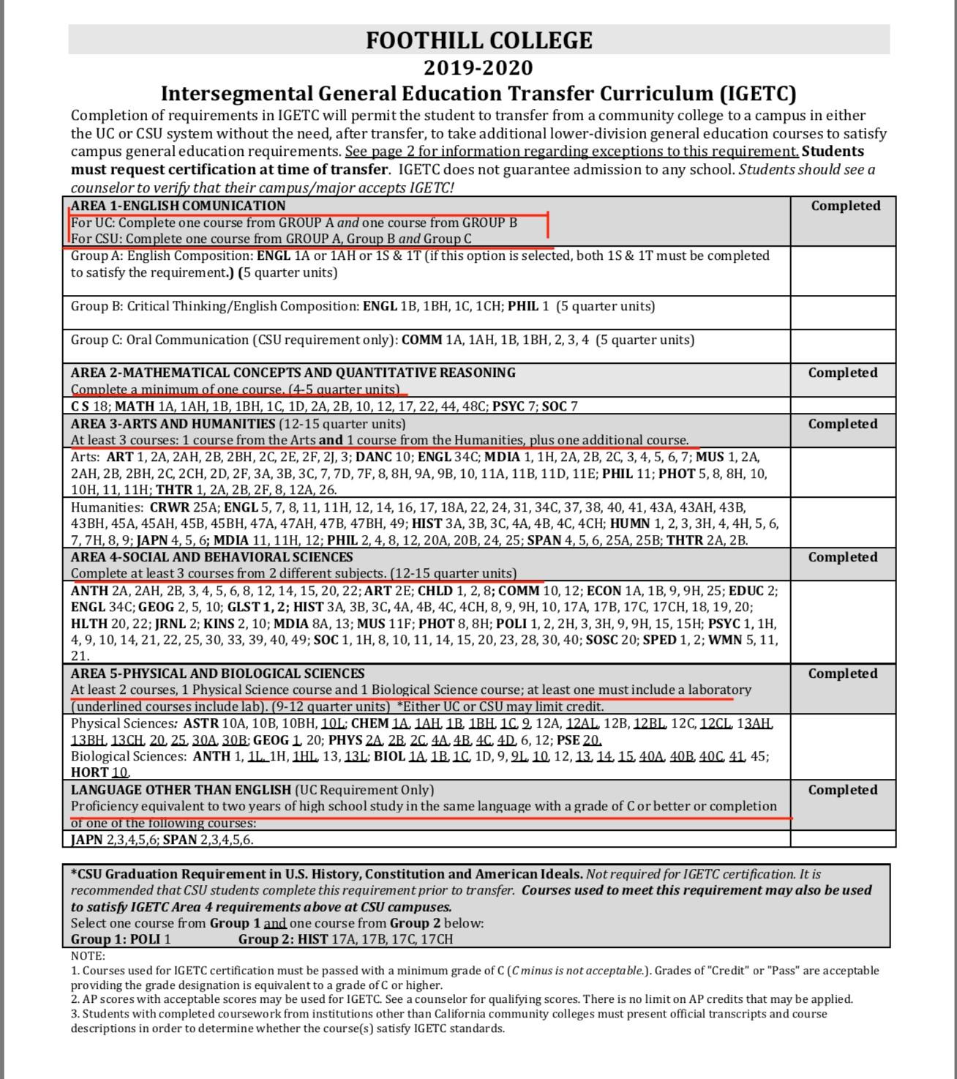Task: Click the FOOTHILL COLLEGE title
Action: tap(478, 40)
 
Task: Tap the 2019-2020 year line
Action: tap(478, 68)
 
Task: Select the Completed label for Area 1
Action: tap(845, 206)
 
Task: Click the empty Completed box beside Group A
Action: tap(843, 271)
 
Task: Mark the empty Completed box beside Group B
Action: tap(843, 313)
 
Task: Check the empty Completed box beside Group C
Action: tap(843, 346)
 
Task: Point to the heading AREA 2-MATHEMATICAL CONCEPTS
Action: tap(293, 373)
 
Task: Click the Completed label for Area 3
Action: tap(842, 424)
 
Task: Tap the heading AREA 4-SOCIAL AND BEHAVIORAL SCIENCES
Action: tap(211, 557)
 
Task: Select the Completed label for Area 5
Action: tap(842, 673)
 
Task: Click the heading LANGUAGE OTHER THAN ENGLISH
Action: tap(181, 790)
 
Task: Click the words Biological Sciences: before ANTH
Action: tap(129, 756)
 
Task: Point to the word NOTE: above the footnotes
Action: tap(88, 955)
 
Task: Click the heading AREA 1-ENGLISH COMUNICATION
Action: tap(178, 206)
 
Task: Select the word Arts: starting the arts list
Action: tap(86, 457)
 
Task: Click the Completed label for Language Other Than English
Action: tap(842, 790)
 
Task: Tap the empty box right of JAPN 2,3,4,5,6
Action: tap(843, 839)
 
